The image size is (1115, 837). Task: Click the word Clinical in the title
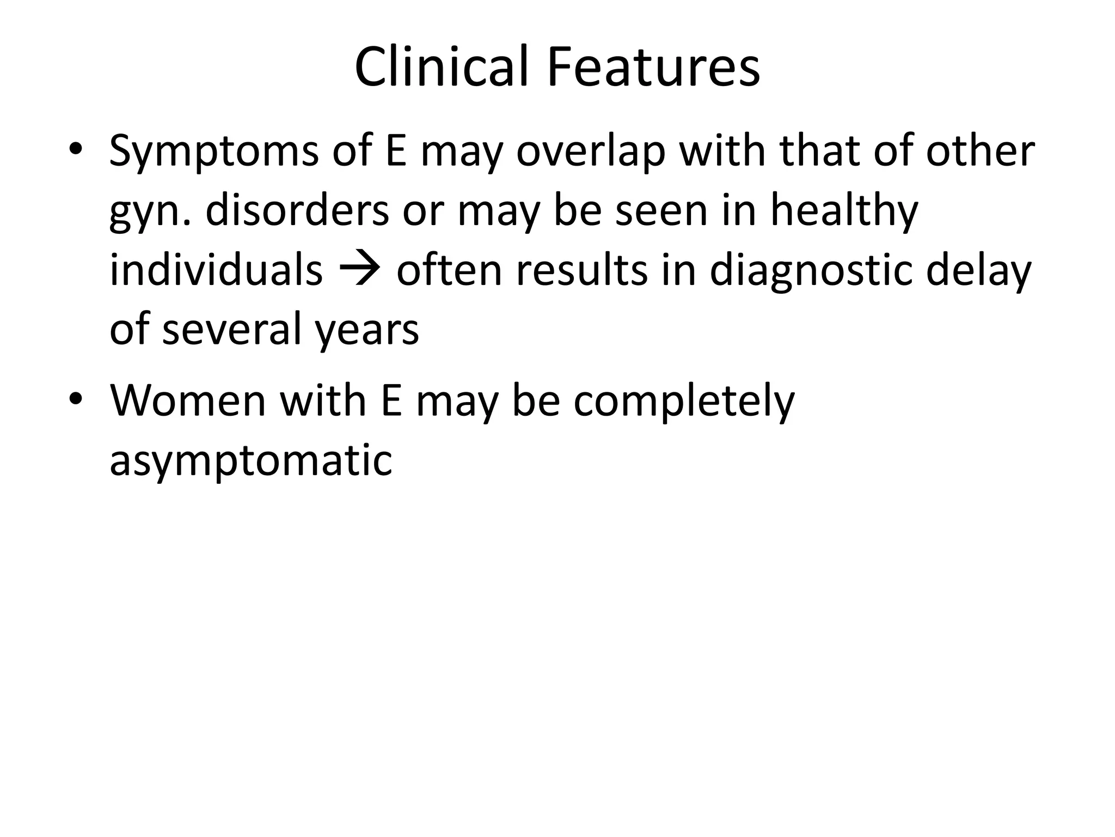tap(442, 68)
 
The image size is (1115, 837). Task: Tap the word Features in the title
tap(653, 68)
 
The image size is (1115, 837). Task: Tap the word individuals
tap(216, 271)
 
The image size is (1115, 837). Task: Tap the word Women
tap(188, 402)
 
